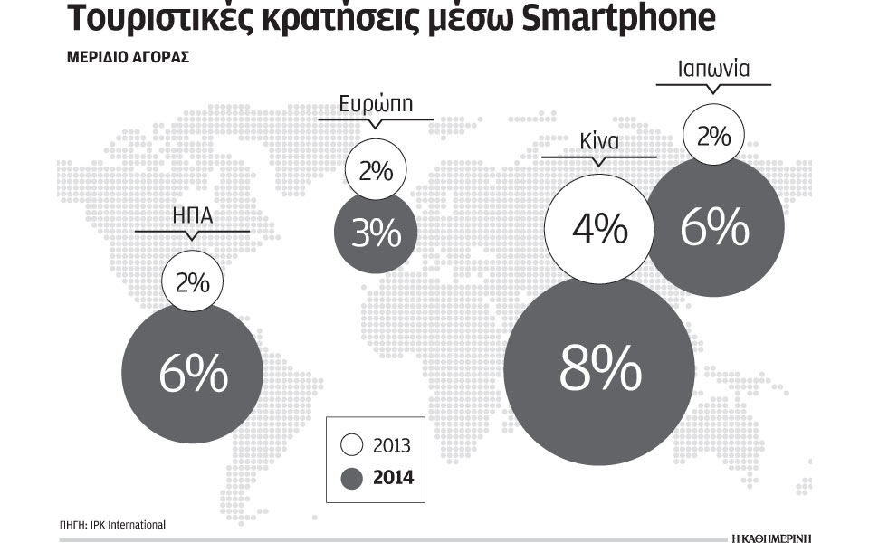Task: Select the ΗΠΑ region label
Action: pyautogui.click(x=192, y=217)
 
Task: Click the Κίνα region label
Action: pyautogui.click(x=598, y=142)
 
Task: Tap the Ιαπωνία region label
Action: pyautogui.click(x=714, y=68)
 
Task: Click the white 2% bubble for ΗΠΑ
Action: pyautogui.click(x=192, y=282)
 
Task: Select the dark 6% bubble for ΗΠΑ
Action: pyautogui.click(x=192, y=374)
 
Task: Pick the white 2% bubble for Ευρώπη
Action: pyautogui.click(x=375, y=169)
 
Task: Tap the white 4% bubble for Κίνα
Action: pyautogui.click(x=599, y=228)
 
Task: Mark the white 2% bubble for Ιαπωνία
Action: pyautogui.click(x=713, y=136)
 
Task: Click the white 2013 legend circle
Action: pyautogui.click(x=353, y=445)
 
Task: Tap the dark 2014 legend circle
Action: pyautogui.click(x=353, y=475)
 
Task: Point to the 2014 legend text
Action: pyautogui.click(x=392, y=476)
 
